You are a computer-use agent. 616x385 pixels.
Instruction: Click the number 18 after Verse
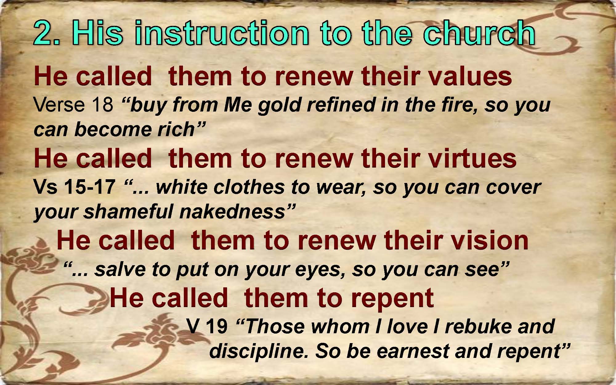tap(102, 104)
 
